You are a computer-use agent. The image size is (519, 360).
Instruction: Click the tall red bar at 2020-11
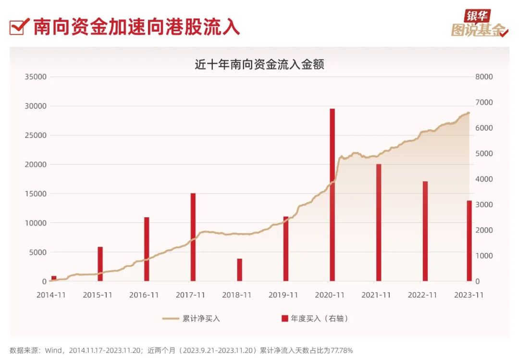[332, 195]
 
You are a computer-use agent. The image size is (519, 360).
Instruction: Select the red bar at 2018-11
[239, 270]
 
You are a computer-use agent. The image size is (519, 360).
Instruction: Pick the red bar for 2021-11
[379, 223]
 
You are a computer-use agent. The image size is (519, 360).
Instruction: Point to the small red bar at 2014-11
[54, 278]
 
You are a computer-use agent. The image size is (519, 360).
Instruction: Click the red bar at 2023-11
[470, 241]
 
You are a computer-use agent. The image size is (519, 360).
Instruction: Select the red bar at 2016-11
[147, 249]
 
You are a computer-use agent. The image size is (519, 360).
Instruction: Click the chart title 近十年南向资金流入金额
[259, 64]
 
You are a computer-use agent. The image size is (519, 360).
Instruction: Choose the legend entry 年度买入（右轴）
[314, 318]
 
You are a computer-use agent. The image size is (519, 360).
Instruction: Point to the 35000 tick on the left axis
[36, 77]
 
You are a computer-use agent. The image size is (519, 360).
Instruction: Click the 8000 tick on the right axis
[483, 77]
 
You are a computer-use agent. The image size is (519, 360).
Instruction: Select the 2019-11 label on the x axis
[283, 295]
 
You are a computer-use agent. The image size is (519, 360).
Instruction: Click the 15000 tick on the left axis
[36, 194]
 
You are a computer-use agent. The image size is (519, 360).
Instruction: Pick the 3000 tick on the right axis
[483, 205]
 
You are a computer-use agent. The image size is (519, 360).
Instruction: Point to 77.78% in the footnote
[342, 350]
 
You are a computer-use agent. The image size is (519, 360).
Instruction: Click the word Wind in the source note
[53, 350]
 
